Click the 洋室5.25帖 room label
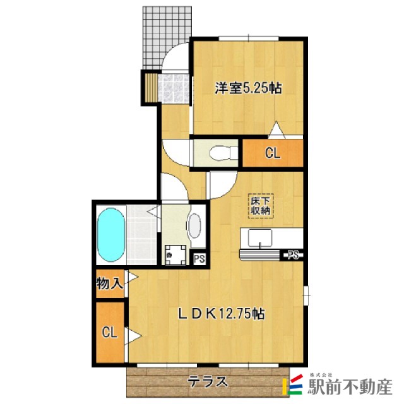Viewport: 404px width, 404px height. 248,88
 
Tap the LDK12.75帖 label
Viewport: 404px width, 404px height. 222,314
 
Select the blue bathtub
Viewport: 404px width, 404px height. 111,234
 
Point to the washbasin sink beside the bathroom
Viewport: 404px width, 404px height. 195,226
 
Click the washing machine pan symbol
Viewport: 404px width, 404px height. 175,255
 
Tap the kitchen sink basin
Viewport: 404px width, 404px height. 259,238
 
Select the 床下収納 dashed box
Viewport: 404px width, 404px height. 261,206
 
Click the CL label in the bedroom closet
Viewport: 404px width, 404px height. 273,153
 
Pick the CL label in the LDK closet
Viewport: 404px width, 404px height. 109,332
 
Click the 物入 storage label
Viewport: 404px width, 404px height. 109,283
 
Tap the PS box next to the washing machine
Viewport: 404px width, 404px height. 199,258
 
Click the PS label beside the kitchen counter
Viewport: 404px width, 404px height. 293,255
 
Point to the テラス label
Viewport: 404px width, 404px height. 208,381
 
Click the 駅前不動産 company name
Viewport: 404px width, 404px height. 351,387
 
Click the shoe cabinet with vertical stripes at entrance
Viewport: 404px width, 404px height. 151,88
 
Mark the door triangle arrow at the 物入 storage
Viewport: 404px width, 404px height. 132,277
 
